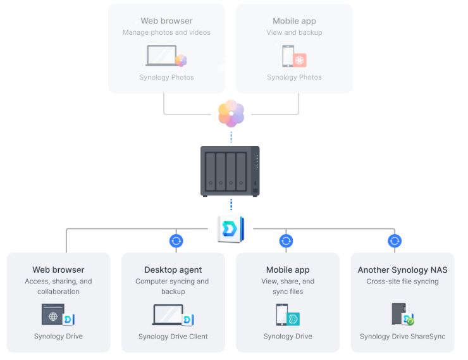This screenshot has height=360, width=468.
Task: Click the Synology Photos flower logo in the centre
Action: pos(231,114)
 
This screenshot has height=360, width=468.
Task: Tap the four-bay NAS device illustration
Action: pos(230,171)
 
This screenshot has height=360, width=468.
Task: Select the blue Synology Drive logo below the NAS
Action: pos(230,229)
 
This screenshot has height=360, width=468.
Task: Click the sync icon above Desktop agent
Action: pos(176,240)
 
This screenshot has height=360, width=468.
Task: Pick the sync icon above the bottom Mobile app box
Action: pos(286,240)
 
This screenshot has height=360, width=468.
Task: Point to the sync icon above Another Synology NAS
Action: pos(395,240)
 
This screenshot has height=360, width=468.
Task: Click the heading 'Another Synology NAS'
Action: pos(402,270)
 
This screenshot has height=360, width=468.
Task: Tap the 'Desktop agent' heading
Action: pos(173,270)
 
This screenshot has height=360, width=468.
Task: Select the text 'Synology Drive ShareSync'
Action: pos(402,337)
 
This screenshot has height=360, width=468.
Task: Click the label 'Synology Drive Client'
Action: pos(173,337)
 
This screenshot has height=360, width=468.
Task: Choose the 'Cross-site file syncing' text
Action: pos(402,282)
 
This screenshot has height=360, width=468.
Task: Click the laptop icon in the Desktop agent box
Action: pos(168,314)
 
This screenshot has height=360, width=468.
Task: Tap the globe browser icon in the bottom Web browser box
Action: pos(54,314)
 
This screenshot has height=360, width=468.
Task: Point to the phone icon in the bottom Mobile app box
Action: pos(282,314)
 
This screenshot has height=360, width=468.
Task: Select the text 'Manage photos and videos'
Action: pos(166,32)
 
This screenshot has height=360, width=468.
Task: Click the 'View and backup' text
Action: pos(294,32)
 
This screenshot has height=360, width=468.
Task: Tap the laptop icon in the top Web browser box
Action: pos(162,56)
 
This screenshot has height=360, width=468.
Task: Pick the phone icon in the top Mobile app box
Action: pos(287,56)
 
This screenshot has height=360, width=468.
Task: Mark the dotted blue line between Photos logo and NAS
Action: pos(231,137)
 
